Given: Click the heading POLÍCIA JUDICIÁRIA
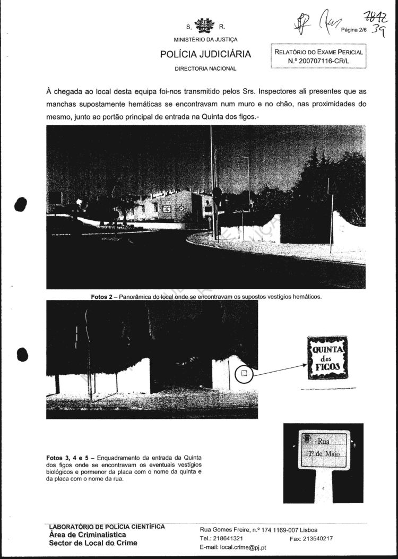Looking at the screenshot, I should point(205,55).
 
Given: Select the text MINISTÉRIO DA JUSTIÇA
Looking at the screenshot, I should point(205,40).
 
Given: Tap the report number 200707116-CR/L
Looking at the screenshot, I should point(318,61).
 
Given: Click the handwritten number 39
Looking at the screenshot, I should point(379,31).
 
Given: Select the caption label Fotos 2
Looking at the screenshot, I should point(102,296).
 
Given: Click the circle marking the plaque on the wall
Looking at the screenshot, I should point(244,374).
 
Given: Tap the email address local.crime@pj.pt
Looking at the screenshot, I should point(233,547).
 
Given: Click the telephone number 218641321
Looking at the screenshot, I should point(229,538).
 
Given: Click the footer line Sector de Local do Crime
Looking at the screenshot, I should point(93,543).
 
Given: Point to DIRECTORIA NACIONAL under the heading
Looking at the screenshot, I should point(205,68).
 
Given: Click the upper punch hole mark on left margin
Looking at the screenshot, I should point(21,204).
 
